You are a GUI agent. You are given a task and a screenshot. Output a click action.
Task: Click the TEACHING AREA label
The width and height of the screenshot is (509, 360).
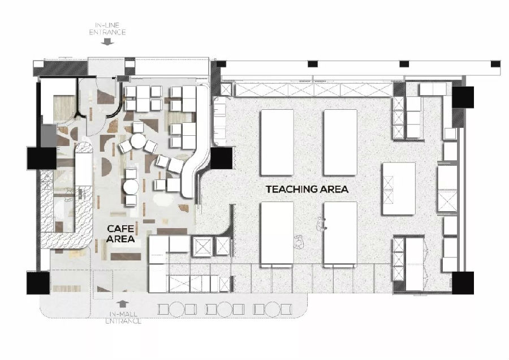[307, 189]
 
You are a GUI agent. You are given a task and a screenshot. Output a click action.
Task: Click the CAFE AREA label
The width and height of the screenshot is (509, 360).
[120, 234]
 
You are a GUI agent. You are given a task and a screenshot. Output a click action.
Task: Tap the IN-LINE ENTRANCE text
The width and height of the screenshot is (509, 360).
[107, 29]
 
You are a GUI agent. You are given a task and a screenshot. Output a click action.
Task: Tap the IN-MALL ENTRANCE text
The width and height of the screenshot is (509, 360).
[123, 318]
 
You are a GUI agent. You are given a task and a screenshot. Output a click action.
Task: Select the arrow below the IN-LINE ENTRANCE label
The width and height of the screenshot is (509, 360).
[107, 41]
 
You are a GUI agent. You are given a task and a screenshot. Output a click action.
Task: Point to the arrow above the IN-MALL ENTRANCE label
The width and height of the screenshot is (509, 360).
[122, 304]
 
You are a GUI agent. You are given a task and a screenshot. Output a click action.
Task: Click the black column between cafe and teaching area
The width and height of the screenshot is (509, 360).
[222, 158]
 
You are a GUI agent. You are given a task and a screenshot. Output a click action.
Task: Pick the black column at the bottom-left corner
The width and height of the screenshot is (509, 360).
[38, 283]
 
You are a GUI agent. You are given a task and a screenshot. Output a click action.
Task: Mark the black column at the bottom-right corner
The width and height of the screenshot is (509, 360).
[463, 283]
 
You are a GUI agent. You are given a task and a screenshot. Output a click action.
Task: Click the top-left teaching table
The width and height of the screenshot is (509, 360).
[277, 143]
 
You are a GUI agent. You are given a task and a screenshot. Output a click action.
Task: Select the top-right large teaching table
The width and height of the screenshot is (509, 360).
[340, 143]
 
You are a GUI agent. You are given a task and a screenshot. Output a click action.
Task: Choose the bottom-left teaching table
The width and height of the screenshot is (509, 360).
[277, 234]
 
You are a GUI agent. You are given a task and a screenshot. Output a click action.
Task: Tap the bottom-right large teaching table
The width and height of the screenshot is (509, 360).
[340, 234]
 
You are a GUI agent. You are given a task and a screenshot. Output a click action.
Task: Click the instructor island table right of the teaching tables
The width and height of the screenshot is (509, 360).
[399, 188]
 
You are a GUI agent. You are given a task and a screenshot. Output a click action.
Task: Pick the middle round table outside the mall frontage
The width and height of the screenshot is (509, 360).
[225, 309]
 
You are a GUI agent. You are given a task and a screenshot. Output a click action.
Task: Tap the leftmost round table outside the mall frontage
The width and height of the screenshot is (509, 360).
[177, 309]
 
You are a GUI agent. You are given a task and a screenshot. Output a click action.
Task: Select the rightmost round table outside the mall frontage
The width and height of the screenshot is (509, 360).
[273, 309]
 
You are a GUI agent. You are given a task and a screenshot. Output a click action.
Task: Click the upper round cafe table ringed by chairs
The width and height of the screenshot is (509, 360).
[138, 141]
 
